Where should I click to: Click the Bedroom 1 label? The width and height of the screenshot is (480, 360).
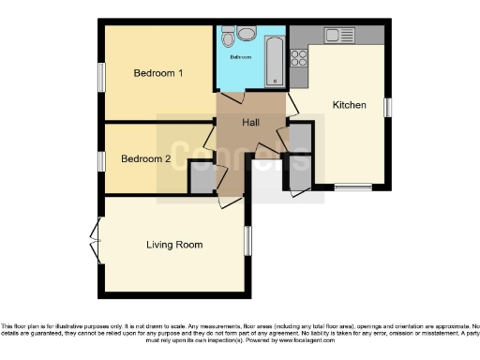coord(157,73)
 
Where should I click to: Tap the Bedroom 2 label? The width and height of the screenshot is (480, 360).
coord(146,159)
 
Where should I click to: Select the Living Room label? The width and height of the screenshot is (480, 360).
coord(174,246)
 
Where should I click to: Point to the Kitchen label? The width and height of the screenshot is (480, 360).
coord(350,105)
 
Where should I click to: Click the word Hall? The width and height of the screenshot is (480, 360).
coord(252,123)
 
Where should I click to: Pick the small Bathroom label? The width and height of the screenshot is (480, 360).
coord(241,57)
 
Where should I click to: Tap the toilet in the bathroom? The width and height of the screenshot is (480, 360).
coord(247,34)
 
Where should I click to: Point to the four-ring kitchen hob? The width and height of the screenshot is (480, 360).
coord(300,57)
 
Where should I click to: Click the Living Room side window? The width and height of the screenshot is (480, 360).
coord(248,239)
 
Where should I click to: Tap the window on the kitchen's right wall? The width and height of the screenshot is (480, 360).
coord(387,106)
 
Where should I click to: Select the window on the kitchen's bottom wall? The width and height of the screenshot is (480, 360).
coord(353,187)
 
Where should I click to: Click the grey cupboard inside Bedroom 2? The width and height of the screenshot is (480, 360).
coord(202,177)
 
